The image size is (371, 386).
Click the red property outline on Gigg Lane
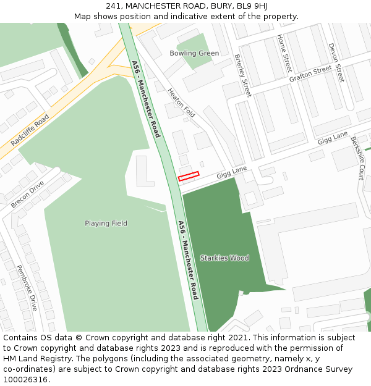coord(189,177)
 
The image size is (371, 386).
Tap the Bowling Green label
coord(194,53)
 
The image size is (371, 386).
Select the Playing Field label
coord(106,223)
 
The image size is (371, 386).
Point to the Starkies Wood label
coord(224,258)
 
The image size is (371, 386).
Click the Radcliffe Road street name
coord(30,130)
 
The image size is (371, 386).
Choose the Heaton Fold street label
coord(181,103)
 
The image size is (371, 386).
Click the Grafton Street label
coord(310,74)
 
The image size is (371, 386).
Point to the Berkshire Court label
coord(358,158)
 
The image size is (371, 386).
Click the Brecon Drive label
coord(27,194)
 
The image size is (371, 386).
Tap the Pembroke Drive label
coord(27,288)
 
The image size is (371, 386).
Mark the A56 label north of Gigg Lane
coord(146,99)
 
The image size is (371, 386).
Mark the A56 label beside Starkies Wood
coord(188,259)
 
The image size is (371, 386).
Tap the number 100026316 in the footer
coord(25,379)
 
